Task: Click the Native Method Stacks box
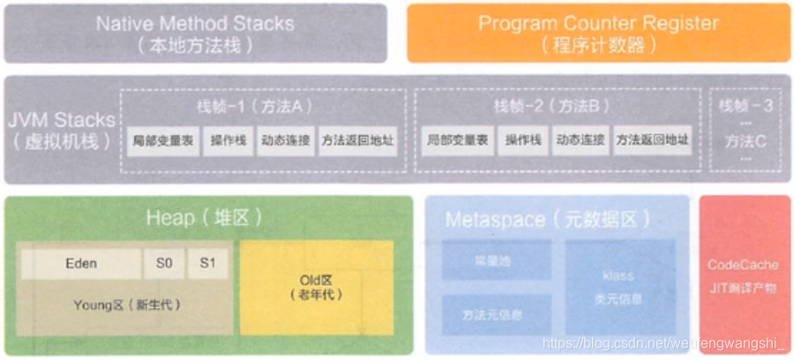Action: (195, 33)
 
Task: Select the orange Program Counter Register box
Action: (598, 33)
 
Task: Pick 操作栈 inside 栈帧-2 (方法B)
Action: (523, 140)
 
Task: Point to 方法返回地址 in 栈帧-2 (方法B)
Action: (653, 140)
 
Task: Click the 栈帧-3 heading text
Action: (745, 106)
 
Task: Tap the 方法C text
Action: (745, 140)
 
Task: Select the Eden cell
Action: (81, 263)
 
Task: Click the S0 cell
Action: (164, 263)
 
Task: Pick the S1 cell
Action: (207, 263)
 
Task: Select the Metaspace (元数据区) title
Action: (548, 220)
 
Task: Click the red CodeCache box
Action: (743, 275)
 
